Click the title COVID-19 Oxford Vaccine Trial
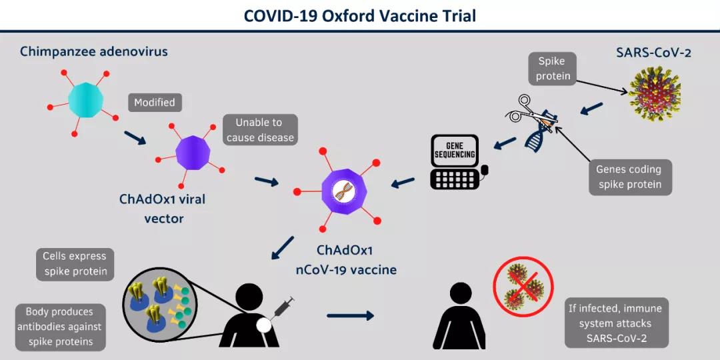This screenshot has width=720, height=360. [360, 15]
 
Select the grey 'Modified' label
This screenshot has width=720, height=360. [155, 103]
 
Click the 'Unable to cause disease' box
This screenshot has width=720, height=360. [260, 130]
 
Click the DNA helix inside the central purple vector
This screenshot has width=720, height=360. [345, 191]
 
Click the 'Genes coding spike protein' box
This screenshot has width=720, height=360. [629, 177]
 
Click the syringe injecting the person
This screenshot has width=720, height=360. [283, 309]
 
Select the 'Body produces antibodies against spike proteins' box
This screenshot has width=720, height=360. [59, 327]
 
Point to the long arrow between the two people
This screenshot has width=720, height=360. [351, 315]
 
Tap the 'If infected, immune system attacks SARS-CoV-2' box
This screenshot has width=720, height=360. [616, 323]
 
